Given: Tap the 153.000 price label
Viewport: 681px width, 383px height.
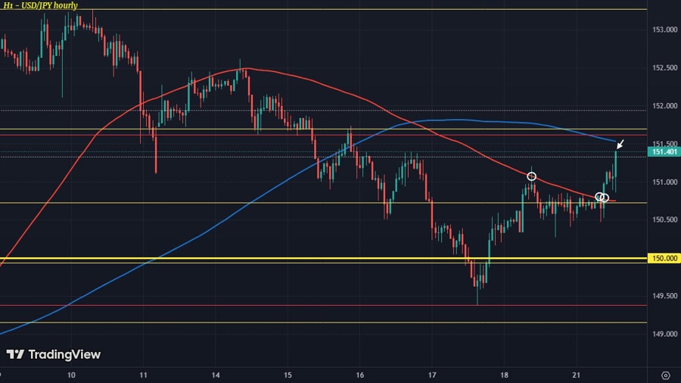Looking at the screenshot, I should [663, 30].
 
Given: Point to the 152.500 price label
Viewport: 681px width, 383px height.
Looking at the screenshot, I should [663, 68].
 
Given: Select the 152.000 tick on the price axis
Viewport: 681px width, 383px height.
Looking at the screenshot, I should [663, 106].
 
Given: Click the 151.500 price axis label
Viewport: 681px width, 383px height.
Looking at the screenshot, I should [663, 144].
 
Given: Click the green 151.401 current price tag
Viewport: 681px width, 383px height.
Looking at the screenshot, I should [663, 151].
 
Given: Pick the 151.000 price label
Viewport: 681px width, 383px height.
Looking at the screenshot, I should [663, 182].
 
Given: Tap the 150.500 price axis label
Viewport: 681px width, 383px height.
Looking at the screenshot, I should [663, 220].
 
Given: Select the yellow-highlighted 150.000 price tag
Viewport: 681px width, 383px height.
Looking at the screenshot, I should [663, 258].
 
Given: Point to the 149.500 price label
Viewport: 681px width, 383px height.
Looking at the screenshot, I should [663, 296].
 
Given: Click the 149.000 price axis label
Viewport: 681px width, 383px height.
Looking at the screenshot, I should [663, 334].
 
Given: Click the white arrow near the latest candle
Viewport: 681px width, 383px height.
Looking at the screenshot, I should [620, 144].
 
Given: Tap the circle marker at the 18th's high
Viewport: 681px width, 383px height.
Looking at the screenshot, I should [532, 176].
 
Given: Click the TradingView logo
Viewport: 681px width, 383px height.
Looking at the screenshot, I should [53, 354].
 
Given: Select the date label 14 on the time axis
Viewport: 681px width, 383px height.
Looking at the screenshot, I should [216, 375].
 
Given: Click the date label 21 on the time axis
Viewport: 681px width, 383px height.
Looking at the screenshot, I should [577, 375].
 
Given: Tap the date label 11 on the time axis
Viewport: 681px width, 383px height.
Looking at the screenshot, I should [143, 375].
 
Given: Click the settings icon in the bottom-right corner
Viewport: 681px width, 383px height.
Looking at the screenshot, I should [664, 375].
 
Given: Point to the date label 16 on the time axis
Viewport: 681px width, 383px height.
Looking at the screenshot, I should [360, 375].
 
